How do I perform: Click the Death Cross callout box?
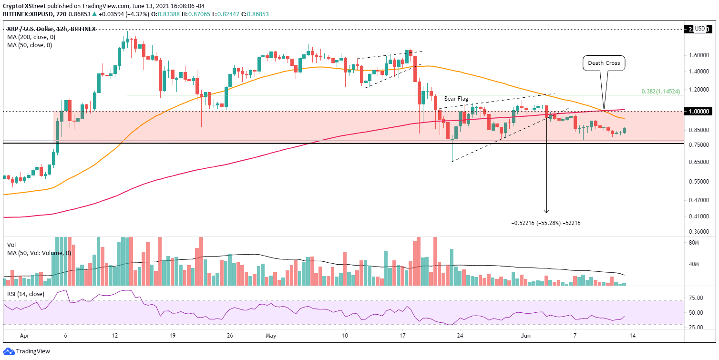[x=604, y=63]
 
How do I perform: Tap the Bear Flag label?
[x=456, y=99]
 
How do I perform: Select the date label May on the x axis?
[x=270, y=335]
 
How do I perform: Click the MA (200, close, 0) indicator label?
[x=30, y=37]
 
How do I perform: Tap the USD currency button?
[x=700, y=29]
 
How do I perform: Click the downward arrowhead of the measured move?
[x=546, y=211]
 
